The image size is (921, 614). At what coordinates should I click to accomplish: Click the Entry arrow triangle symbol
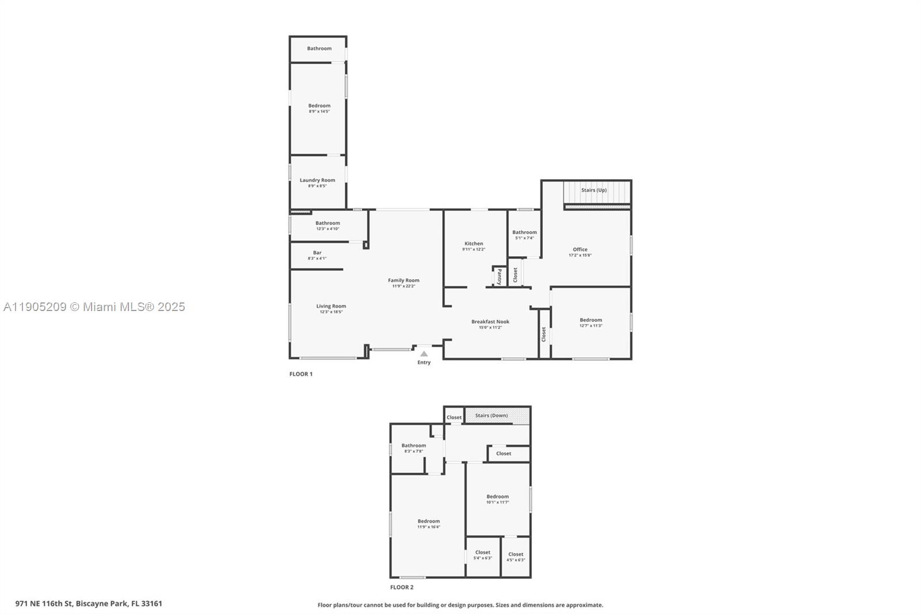424,354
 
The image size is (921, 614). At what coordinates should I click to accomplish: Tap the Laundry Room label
317,180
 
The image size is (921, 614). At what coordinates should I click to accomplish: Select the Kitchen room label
474,243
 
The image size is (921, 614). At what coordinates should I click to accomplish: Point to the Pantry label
500,276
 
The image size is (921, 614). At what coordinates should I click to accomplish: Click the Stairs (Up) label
593,190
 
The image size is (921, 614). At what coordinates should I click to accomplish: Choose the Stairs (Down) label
491,415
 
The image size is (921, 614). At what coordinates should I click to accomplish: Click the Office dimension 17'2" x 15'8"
580,255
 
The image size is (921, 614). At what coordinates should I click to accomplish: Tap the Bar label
317,252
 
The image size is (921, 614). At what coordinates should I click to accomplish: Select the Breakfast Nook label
490,321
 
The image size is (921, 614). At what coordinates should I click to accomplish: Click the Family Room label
404,280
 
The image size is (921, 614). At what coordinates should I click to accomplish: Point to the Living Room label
331,306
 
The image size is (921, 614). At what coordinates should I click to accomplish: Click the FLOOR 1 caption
300,374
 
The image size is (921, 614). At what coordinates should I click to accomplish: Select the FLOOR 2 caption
402,588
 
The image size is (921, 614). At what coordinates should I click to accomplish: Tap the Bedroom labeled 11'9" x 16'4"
428,521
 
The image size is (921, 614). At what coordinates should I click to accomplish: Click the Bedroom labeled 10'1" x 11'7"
497,496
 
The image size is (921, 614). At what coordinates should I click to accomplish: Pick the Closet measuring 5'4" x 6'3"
482,552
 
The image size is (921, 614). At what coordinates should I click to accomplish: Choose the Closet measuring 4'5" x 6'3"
516,554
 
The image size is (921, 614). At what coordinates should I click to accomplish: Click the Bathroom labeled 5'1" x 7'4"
524,232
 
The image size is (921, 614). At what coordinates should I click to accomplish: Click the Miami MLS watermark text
94,307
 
